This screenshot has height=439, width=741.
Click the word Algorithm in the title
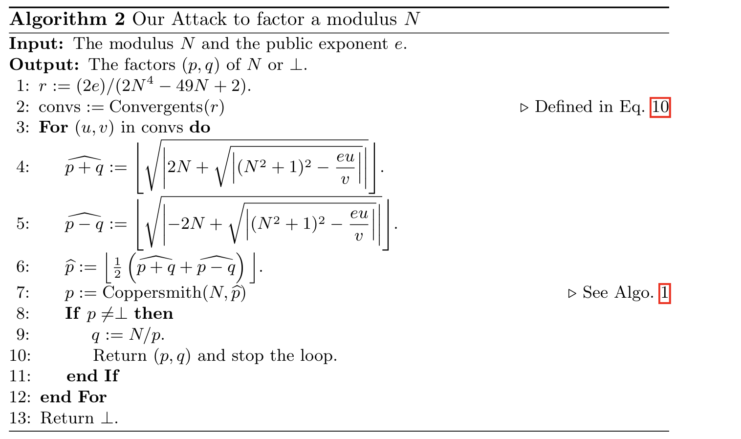click(58, 20)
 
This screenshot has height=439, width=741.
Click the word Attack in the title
click(199, 19)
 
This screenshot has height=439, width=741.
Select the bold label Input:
click(36, 44)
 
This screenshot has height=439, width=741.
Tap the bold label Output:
click(44, 65)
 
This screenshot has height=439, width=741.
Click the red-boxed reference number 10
click(660, 107)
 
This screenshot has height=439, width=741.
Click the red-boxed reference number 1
click(665, 293)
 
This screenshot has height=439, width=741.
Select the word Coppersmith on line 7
click(152, 293)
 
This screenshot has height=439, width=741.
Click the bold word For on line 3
click(53, 128)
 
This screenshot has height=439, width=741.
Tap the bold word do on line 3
click(200, 128)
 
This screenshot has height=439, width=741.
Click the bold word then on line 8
click(153, 313)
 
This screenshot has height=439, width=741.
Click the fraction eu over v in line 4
click(346, 168)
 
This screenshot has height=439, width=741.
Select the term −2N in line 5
click(187, 223)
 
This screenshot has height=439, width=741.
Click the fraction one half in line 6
click(117, 267)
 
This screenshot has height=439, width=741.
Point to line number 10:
click(20, 355)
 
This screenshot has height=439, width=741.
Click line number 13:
click(20, 418)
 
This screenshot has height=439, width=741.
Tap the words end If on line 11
click(93, 376)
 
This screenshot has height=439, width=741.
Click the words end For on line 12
click(73, 397)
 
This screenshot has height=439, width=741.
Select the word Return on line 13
click(67, 418)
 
